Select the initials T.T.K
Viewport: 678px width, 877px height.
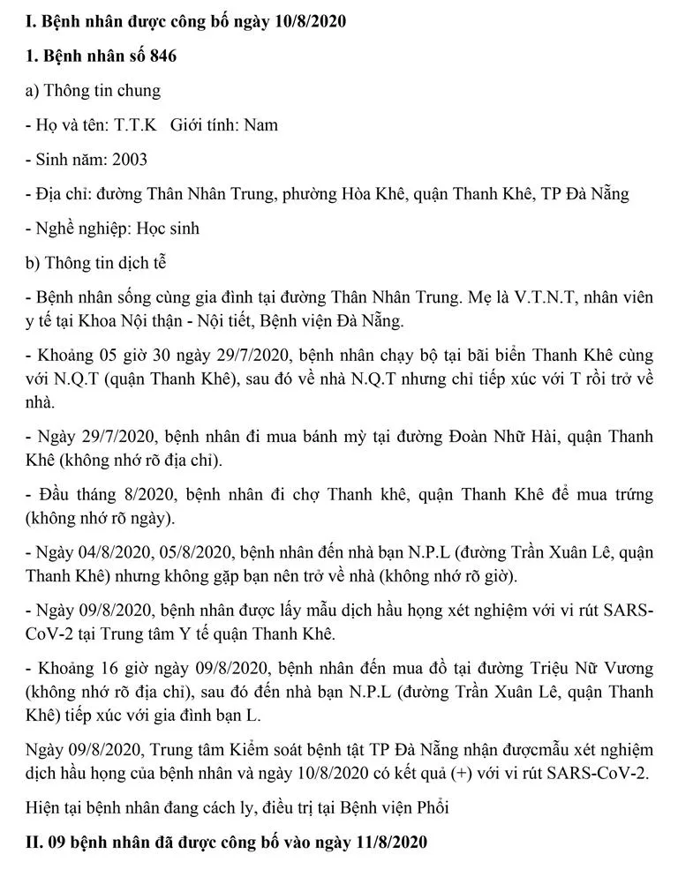tap(135, 124)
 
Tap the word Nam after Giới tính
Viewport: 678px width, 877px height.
tap(260, 124)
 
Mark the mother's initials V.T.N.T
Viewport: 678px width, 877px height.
tap(524, 297)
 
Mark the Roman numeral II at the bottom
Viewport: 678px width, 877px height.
tap(34, 843)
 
